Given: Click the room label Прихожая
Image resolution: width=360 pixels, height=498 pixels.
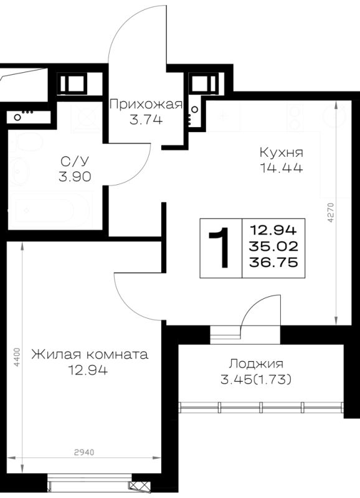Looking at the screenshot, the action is pos(146,104).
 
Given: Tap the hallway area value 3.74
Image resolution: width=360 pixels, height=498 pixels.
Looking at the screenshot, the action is pos(146,120).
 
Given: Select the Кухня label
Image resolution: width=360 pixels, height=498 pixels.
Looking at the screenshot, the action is pos(282,153).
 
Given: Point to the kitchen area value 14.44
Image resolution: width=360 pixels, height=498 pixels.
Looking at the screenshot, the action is pos(282,167).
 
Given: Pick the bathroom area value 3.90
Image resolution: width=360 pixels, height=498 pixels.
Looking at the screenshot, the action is pos(75,177).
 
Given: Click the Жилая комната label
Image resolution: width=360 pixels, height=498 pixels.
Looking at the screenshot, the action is pos(90,354).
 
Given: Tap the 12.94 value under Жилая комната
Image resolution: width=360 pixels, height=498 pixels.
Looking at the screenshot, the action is pos(88,370).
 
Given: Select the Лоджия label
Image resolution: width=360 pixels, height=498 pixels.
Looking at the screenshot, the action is pos(257,364).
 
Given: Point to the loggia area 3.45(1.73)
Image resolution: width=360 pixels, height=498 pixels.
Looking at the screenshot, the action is pos(256,379).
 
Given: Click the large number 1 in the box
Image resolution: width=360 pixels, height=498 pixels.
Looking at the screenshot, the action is pos(220,248).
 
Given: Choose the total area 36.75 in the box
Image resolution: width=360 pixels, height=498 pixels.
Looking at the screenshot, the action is pos(273,262).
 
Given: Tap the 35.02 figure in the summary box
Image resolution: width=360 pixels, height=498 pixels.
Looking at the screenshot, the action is pos(273,246).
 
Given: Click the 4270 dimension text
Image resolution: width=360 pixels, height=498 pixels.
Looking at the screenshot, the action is pos(331,212).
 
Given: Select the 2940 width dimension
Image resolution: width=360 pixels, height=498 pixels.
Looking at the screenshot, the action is pos(84,453).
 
